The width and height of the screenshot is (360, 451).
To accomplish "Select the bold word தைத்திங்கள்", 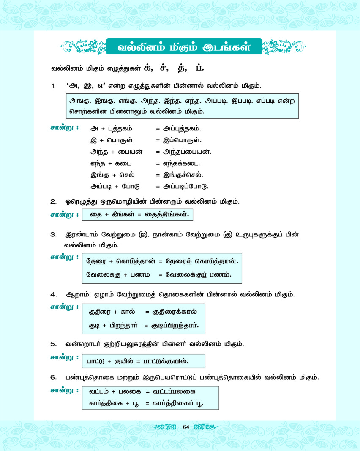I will pos(166,215).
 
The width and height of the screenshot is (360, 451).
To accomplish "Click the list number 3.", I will pos(53,234).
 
